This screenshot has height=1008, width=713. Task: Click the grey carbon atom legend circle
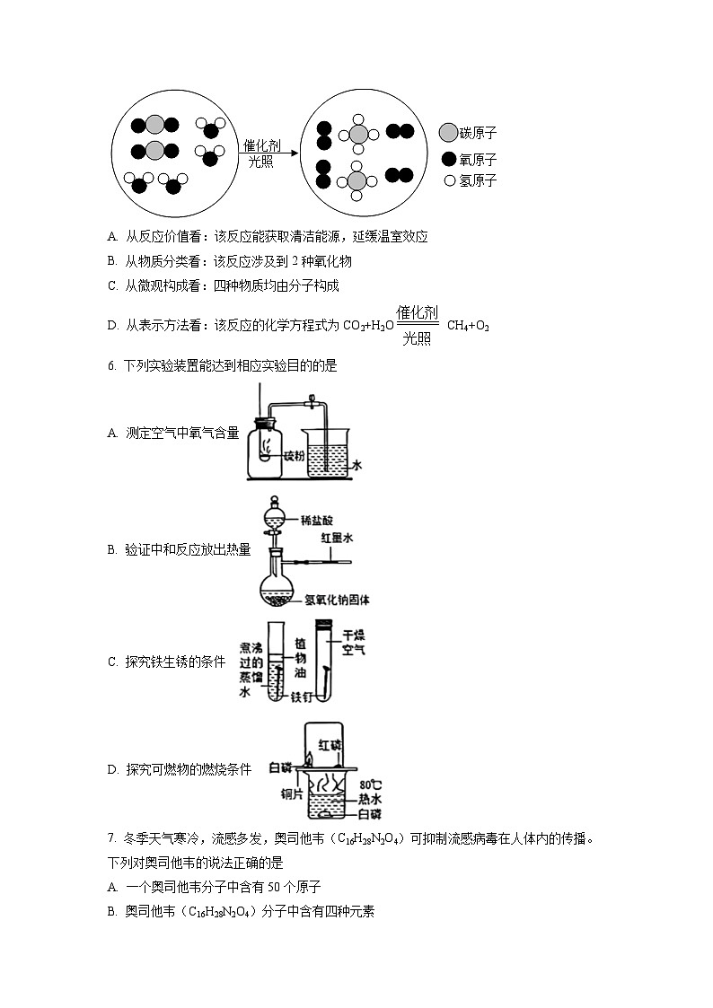448,133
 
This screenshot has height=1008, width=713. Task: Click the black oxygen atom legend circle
449,159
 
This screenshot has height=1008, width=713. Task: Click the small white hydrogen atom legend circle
450,180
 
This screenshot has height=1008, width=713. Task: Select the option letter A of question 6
112,433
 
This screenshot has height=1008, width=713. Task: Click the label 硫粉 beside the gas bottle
294,455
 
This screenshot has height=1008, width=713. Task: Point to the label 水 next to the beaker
356,466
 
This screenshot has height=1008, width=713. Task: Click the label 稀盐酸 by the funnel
316,520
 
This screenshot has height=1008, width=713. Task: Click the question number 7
110,839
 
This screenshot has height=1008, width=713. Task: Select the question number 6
110,365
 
